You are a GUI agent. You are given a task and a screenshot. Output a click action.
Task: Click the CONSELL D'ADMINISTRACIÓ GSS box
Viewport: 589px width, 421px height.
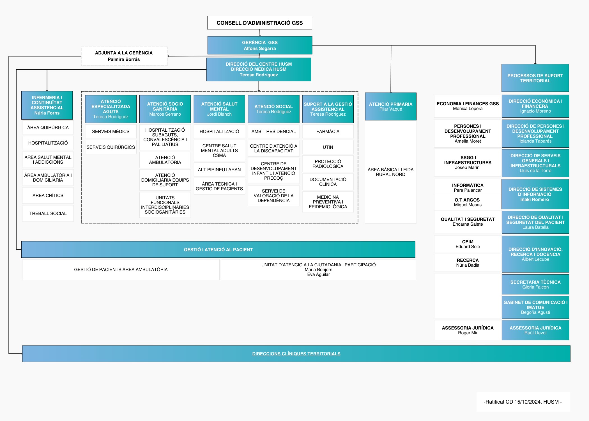tap(260, 23)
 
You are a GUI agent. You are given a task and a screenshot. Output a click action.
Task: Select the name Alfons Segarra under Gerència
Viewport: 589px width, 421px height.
tap(260, 49)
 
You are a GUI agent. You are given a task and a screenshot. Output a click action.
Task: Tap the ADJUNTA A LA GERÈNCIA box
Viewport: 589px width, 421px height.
tap(124, 56)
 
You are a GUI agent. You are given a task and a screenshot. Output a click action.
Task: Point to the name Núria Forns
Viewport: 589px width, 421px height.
tap(47, 113)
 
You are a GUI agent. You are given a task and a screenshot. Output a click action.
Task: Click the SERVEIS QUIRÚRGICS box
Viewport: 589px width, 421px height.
tap(111, 147)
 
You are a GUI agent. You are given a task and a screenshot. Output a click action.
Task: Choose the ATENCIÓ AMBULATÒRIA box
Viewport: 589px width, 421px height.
tap(165, 160)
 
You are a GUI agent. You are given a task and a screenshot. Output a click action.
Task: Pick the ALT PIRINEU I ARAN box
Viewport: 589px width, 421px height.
tap(219, 170)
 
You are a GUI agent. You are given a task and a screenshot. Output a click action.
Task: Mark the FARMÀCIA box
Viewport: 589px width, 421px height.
tap(328, 131)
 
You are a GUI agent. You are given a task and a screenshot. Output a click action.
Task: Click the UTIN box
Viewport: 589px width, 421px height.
tap(328, 147)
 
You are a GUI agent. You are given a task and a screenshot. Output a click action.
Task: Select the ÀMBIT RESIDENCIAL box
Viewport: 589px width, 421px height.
tap(273, 131)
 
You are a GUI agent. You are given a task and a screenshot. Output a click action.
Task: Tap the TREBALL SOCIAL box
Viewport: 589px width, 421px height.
tap(48, 213)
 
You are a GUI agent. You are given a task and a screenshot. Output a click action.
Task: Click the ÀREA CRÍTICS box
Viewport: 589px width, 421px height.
tap(48, 195)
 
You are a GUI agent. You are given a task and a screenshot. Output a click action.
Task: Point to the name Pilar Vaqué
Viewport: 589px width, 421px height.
tap(391, 109)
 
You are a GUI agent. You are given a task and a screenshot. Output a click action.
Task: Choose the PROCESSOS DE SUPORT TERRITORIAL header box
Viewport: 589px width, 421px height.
tap(535, 78)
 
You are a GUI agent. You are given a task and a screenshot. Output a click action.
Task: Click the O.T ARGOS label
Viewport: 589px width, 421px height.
tap(467, 200)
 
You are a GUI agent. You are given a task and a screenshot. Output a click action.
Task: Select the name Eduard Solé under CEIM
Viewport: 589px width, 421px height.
tap(468, 247)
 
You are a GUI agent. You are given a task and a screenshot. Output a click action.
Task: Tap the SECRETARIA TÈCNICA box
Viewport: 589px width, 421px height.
tap(535, 284)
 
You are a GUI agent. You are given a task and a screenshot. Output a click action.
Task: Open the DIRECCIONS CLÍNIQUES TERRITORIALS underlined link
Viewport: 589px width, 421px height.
tap(296, 354)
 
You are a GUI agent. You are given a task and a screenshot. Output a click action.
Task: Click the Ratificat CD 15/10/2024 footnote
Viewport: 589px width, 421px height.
tap(523, 402)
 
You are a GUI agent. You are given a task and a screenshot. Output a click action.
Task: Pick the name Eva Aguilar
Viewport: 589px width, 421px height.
tap(318, 274)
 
